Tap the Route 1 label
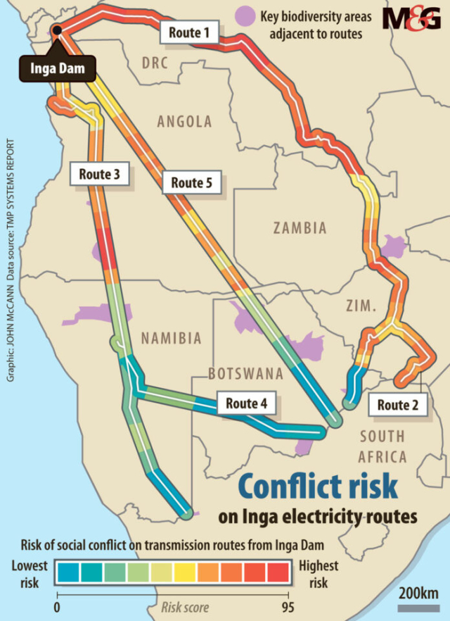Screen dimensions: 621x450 coord(189,31)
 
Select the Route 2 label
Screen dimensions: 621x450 coord(397,405)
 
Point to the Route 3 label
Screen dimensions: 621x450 coord(100,174)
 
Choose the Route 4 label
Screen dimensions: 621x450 coord(246,404)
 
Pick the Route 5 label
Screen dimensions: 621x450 coord(191,183)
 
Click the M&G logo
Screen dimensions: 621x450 coord(411,19)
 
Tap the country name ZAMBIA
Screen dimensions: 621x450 coord(300,228)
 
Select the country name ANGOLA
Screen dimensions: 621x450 coord(184,122)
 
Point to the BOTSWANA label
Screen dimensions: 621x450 coord(245,373)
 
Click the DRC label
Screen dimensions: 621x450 coord(155,63)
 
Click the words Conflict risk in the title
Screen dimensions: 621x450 coord(317,487)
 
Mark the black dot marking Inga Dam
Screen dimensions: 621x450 coord(56,31)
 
